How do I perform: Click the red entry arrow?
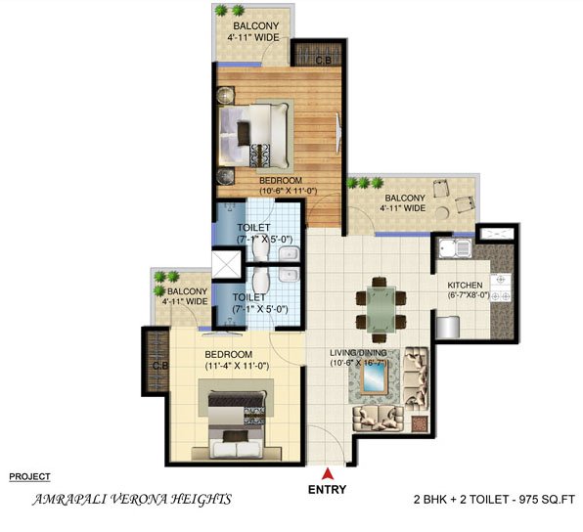pos(327,473)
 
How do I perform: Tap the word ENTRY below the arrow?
pos(327,489)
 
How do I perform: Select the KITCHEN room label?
pos(465,286)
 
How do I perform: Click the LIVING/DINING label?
pos(358,352)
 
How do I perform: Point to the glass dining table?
pos(381,309)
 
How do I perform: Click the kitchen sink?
pos(455,248)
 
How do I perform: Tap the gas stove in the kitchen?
pos(500,287)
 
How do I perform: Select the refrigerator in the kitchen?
pos(448,327)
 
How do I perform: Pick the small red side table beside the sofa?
pos(419,423)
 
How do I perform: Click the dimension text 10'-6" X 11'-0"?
pos(288,191)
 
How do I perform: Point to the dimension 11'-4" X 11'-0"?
pos(237,366)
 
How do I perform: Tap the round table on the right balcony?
pos(442,213)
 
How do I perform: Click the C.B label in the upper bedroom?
pos(323,61)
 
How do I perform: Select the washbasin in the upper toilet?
pos(290,253)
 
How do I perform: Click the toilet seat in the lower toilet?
pos(260,280)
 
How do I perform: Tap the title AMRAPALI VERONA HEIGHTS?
pos(132,500)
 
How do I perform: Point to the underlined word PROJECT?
pos(29,476)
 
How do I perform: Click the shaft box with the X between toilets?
pos(226,264)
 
